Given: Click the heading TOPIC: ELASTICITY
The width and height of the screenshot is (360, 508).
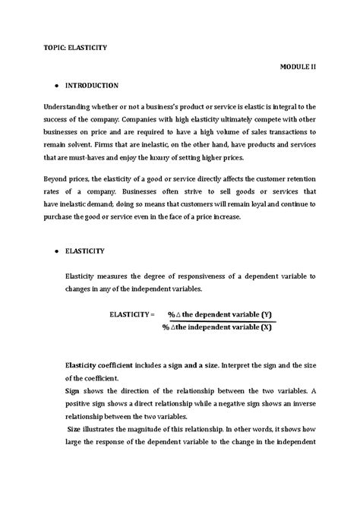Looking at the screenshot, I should click(74, 47).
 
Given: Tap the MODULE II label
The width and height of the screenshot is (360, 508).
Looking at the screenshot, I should click(298, 67).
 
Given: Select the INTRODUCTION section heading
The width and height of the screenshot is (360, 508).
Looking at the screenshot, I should click(91, 86).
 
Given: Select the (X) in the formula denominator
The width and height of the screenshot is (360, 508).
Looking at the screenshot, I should click(267, 327).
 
